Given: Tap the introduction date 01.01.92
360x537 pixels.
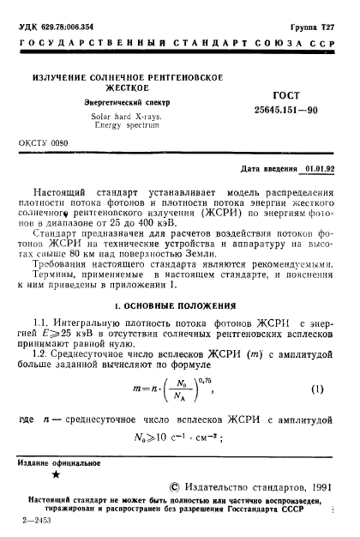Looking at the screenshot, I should click(321, 170).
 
